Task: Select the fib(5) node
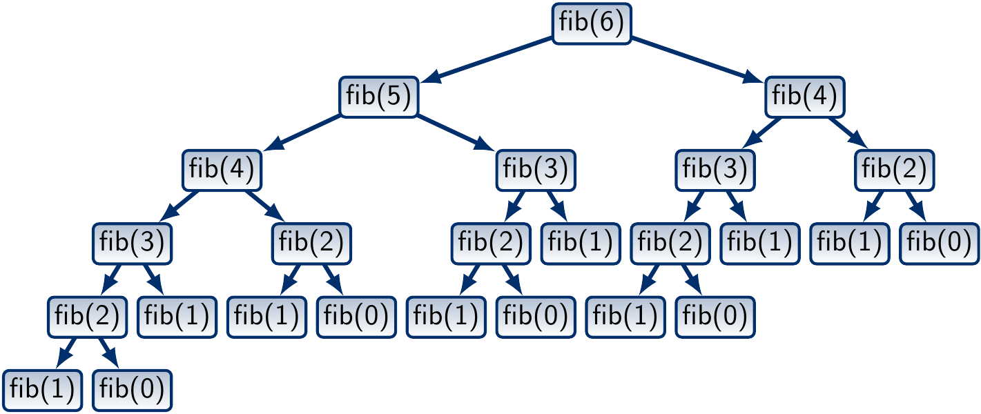(379, 96)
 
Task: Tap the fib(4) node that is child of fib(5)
(222, 170)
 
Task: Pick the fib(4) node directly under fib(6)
(805, 96)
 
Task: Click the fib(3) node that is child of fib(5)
(536, 170)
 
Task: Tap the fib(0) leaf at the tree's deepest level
(132, 391)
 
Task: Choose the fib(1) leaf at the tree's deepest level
(42, 391)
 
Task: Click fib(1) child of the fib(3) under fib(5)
(581, 244)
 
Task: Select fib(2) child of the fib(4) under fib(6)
(895, 170)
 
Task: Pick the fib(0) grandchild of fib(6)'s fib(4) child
(939, 244)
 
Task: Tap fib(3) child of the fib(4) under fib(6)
(715, 170)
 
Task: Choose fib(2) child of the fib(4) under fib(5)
(311, 244)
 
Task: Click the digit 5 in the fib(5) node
(398, 96)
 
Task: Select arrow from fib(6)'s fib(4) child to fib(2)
(850, 132)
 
